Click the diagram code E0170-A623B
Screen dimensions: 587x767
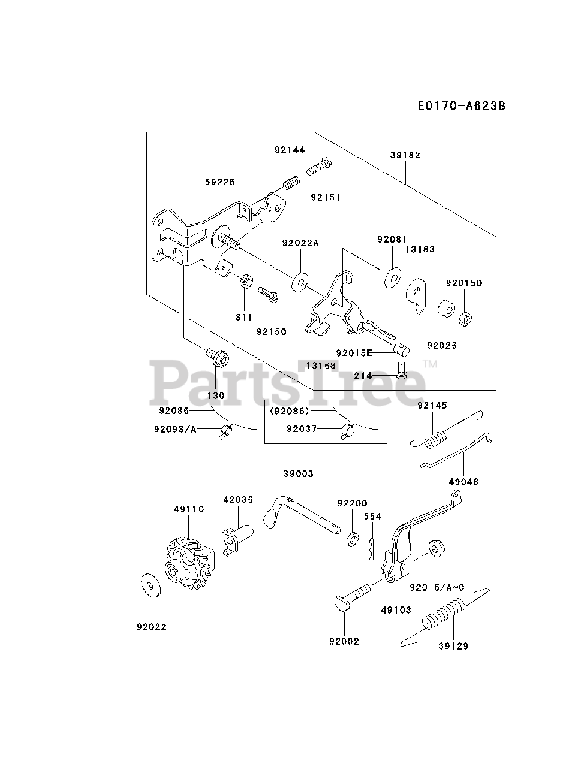pos(462,106)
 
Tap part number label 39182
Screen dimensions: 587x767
pos(405,155)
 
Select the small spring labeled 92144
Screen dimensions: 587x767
pos(291,183)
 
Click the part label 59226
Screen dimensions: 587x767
pos(220,182)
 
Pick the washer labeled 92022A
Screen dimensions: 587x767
pos(300,282)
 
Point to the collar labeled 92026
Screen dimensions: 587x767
pos(447,308)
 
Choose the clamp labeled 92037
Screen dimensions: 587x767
pos(348,431)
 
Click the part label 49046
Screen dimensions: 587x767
pos(463,482)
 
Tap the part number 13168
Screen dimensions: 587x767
pos(321,365)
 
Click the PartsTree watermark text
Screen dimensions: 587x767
pos(287,383)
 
